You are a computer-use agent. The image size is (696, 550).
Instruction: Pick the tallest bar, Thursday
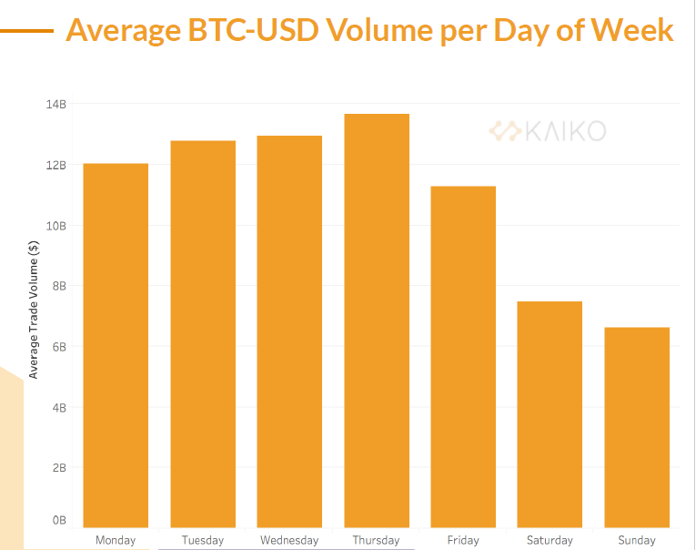pos(376,320)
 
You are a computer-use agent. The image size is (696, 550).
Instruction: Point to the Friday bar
pos(463,356)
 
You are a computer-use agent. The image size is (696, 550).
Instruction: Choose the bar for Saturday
pos(550,413)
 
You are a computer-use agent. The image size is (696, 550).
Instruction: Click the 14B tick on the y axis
pos(56,105)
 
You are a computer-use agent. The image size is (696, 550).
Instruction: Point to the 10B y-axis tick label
pos(56,226)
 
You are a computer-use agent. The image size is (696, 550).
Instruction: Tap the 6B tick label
pos(58,347)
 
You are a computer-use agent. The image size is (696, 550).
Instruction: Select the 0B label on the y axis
pos(58,520)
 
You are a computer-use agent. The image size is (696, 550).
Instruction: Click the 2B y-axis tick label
pos(58,468)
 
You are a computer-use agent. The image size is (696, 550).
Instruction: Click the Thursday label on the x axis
pos(376,540)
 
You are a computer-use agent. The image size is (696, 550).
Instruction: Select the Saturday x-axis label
pos(550,540)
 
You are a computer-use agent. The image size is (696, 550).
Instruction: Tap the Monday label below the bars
pos(116,540)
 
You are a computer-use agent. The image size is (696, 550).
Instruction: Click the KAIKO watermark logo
pos(547,131)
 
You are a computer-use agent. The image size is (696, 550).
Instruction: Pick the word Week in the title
pos(631,31)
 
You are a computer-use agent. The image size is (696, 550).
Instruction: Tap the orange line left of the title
pos(26,30)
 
